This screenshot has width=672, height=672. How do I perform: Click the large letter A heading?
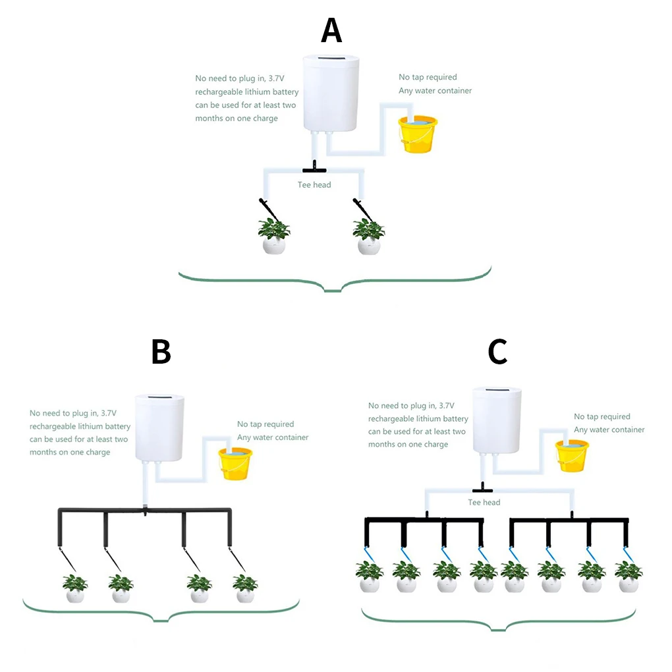click(x=331, y=30)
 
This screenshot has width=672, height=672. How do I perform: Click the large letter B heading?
click(x=161, y=352)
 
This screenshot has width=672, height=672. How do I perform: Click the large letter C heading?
click(x=497, y=352)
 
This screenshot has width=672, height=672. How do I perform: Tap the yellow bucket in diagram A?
click(x=418, y=134)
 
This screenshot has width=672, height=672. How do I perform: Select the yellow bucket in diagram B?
click(x=235, y=462)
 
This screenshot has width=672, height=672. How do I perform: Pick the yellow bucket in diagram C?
click(x=571, y=455)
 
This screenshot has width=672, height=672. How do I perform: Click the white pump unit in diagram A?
click(x=331, y=94)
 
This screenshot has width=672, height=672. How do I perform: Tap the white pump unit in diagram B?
click(x=160, y=427)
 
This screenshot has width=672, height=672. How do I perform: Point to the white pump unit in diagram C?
click(x=497, y=420)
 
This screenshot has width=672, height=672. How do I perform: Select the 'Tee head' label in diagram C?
click(x=484, y=503)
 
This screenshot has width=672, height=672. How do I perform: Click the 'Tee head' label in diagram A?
click(x=314, y=185)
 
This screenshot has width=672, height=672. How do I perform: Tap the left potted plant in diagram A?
click(x=274, y=236)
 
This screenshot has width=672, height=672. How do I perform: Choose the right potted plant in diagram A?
click(x=369, y=236)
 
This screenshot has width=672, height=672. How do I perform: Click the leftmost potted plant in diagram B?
click(x=75, y=588)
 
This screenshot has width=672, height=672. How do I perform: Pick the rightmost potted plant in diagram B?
click(x=245, y=588)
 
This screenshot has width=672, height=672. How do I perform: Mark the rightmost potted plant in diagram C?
click(x=628, y=575)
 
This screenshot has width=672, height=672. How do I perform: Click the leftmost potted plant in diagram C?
click(x=370, y=575)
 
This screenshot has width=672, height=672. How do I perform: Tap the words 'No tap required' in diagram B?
click(x=266, y=424)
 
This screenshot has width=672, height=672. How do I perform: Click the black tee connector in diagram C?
click(x=483, y=489)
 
